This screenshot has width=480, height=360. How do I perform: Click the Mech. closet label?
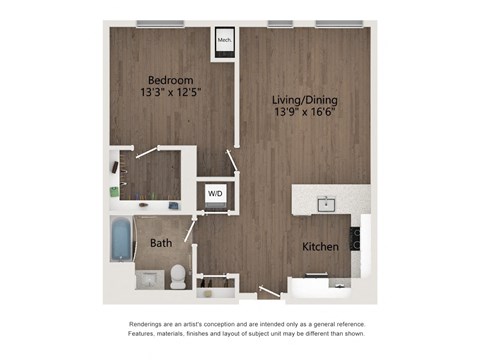click(x=224, y=41)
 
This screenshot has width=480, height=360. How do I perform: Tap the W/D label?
click(x=215, y=192)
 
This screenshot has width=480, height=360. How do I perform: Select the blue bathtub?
click(x=121, y=239)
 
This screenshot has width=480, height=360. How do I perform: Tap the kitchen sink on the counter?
click(x=326, y=205)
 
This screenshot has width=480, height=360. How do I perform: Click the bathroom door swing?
click(x=190, y=227)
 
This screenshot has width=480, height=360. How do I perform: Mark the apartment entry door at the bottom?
click(x=269, y=293)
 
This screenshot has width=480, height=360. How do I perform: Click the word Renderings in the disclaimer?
click(x=149, y=325)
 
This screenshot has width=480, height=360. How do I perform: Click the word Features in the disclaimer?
click(x=145, y=337)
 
